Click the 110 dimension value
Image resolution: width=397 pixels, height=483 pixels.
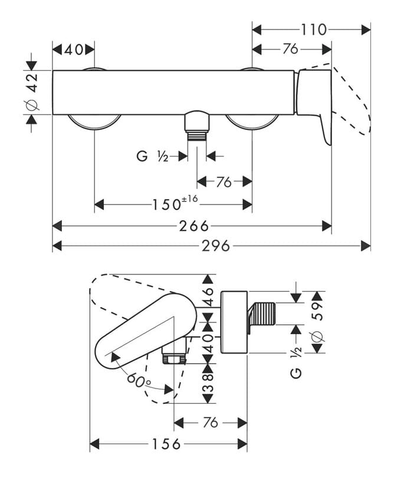(313, 30)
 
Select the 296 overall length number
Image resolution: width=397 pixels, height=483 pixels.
(216, 246)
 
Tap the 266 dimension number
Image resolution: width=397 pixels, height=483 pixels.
(194, 226)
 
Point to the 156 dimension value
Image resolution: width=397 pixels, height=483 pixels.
(166, 444)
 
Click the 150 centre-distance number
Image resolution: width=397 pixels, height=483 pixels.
(167, 204)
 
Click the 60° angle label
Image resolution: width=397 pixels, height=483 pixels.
(139, 381)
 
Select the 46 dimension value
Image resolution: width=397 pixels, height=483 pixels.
(208, 296)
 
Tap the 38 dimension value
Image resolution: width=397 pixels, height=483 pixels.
(208, 383)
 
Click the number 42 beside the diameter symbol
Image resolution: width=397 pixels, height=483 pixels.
(32, 83)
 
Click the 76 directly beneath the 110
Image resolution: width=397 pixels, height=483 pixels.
(290, 48)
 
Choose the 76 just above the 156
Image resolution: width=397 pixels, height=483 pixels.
(211, 422)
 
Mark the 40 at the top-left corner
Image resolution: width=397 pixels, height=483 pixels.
(74, 49)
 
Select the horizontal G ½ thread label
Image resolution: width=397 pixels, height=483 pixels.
(152, 156)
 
